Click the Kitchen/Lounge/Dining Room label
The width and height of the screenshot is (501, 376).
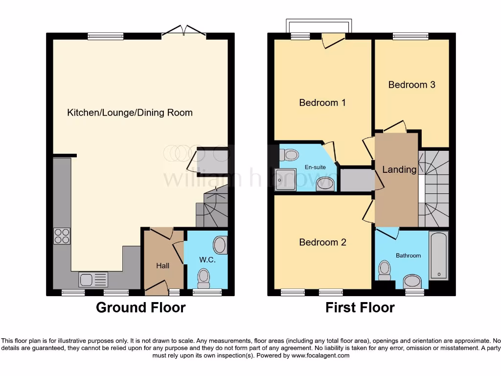pyautogui.click(x=130, y=113)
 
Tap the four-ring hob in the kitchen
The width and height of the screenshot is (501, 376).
pyautogui.click(x=62, y=236)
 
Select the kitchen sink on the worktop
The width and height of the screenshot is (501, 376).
pyautogui.click(x=93, y=280)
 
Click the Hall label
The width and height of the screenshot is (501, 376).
pyautogui.click(x=163, y=265)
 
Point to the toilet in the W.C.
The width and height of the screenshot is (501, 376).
pyautogui.click(x=203, y=278)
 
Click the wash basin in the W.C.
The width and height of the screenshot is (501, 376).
pyautogui.click(x=220, y=245)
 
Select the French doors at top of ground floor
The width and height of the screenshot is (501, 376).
pyautogui.click(x=183, y=31)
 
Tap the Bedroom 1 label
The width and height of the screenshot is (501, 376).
pyautogui.click(x=322, y=103)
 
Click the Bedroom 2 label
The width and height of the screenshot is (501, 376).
pyautogui.click(x=322, y=242)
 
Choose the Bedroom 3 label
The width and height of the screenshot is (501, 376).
pyautogui.click(x=411, y=85)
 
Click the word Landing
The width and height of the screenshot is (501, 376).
pyautogui.click(x=399, y=170)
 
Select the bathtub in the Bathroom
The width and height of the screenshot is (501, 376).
pyautogui.click(x=438, y=255)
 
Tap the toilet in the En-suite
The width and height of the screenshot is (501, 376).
pyautogui.click(x=290, y=155)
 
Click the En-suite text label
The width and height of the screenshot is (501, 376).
pyautogui.click(x=315, y=167)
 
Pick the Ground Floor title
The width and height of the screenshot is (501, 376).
pyautogui.click(x=140, y=307)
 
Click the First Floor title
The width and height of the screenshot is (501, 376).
pyautogui.click(x=360, y=307)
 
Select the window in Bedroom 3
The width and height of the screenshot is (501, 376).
pyautogui.click(x=410, y=36)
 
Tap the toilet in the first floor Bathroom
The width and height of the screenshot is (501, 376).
pyautogui.click(x=385, y=270)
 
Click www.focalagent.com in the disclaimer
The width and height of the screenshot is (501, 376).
pyautogui.click(x=320, y=355)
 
